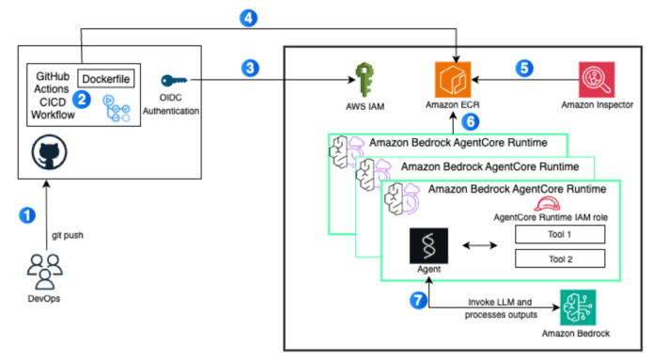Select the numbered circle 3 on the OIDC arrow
coord(248,69)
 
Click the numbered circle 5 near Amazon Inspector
coord(523,69)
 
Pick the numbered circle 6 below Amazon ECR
coord(473,121)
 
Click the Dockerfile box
coord(110,78)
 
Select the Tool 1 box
coord(558,233)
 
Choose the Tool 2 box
coord(558,258)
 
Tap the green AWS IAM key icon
coord(365,77)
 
